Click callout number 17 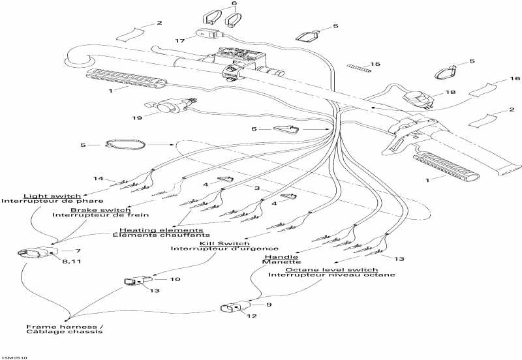(x=180, y=41)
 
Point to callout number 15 (x=375, y=64)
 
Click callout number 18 (x=451, y=93)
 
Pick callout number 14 (x=98, y=178)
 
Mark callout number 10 (x=175, y=279)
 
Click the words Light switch (x=52, y=196)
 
